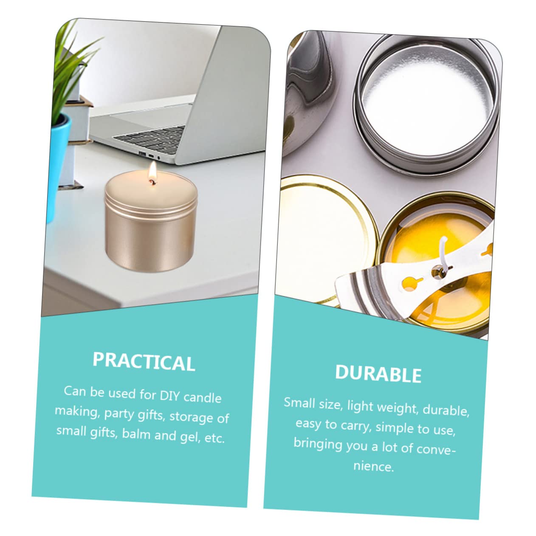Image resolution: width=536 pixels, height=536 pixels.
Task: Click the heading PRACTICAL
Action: (x=144, y=361)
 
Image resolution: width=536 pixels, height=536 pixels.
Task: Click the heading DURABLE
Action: (x=378, y=374)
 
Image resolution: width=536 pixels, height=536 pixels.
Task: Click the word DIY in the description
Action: (x=170, y=395)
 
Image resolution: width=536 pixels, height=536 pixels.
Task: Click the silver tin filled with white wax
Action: (x=425, y=102)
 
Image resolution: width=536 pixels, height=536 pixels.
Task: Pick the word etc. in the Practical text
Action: (x=214, y=438)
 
